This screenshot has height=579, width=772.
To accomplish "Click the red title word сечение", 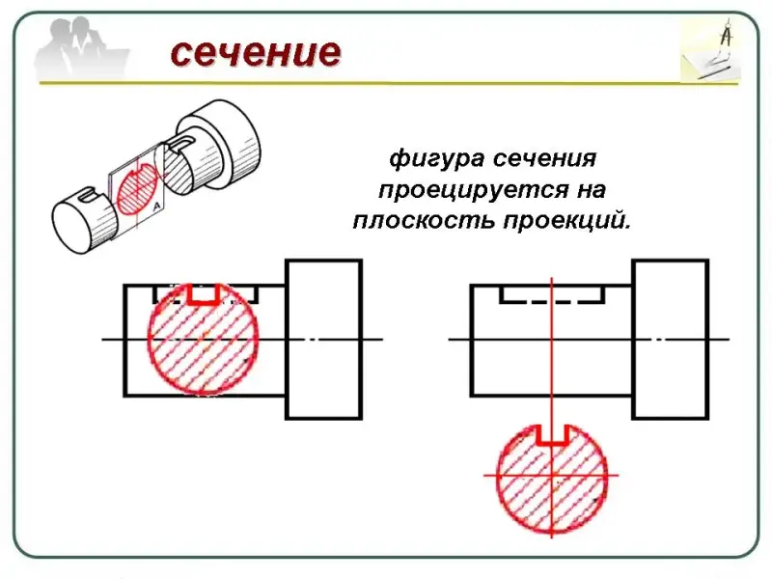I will click(256, 52).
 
